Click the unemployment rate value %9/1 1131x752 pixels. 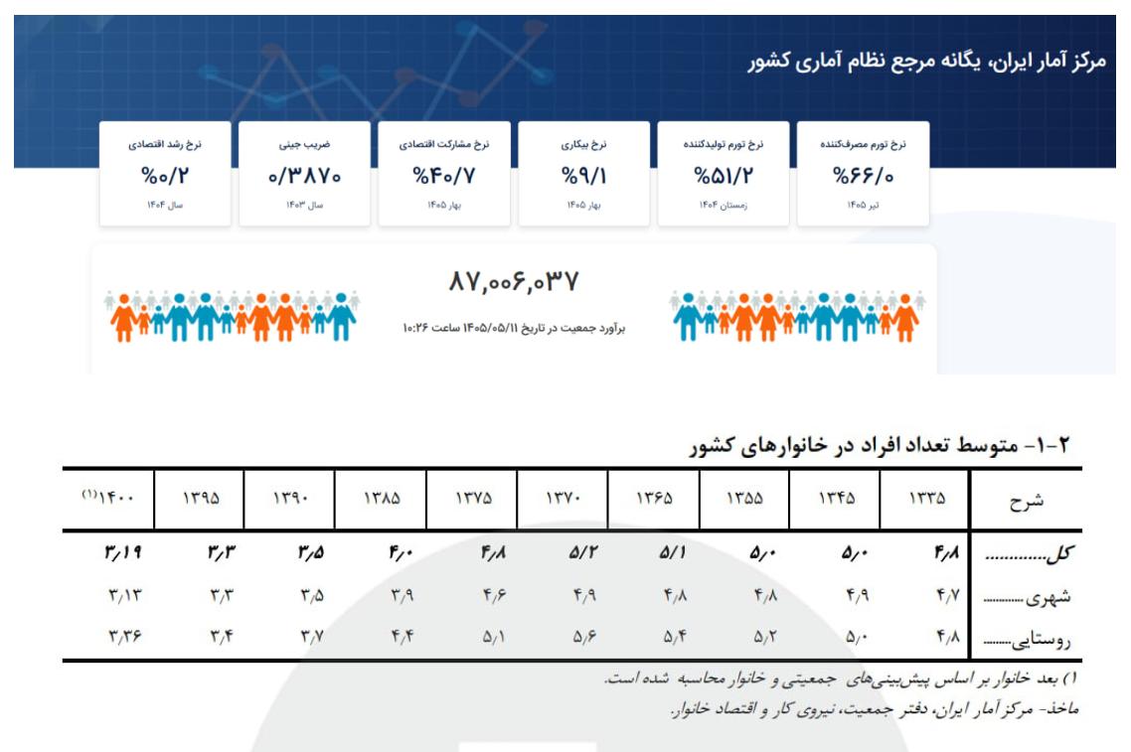pyautogui.click(x=583, y=176)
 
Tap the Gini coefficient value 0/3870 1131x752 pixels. pyautogui.click(x=304, y=176)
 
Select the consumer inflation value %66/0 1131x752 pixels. pyautogui.click(x=863, y=176)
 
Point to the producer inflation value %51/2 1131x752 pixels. pyautogui.click(x=724, y=176)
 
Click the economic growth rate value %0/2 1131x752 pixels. pyautogui.click(x=165, y=176)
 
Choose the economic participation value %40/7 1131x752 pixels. pyautogui.click(x=444, y=176)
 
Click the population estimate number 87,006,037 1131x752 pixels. pyautogui.click(x=514, y=281)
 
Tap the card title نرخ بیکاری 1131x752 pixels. pyautogui.click(x=583, y=144)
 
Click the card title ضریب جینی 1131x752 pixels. pyautogui.click(x=304, y=144)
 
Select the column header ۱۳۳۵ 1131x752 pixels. pyautogui.click(x=927, y=499)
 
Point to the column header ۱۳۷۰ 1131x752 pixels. pyautogui.click(x=564, y=499)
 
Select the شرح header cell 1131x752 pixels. pyautogui.click(x=1027, y=501)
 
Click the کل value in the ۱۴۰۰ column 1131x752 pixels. pyautogui.click(x=123, y=553)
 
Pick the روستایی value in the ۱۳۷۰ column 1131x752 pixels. pyautogui.click(x=585, y=637)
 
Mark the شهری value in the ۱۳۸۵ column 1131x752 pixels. pyautogui.click(x=403, y=596)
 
